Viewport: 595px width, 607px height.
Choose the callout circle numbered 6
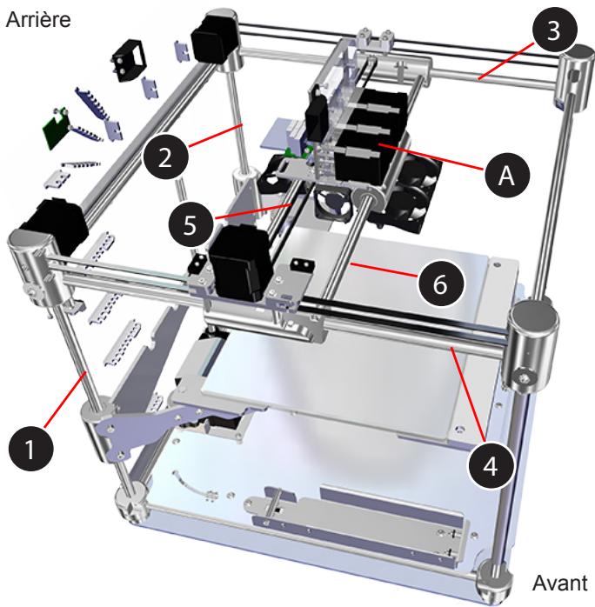[439, 284]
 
